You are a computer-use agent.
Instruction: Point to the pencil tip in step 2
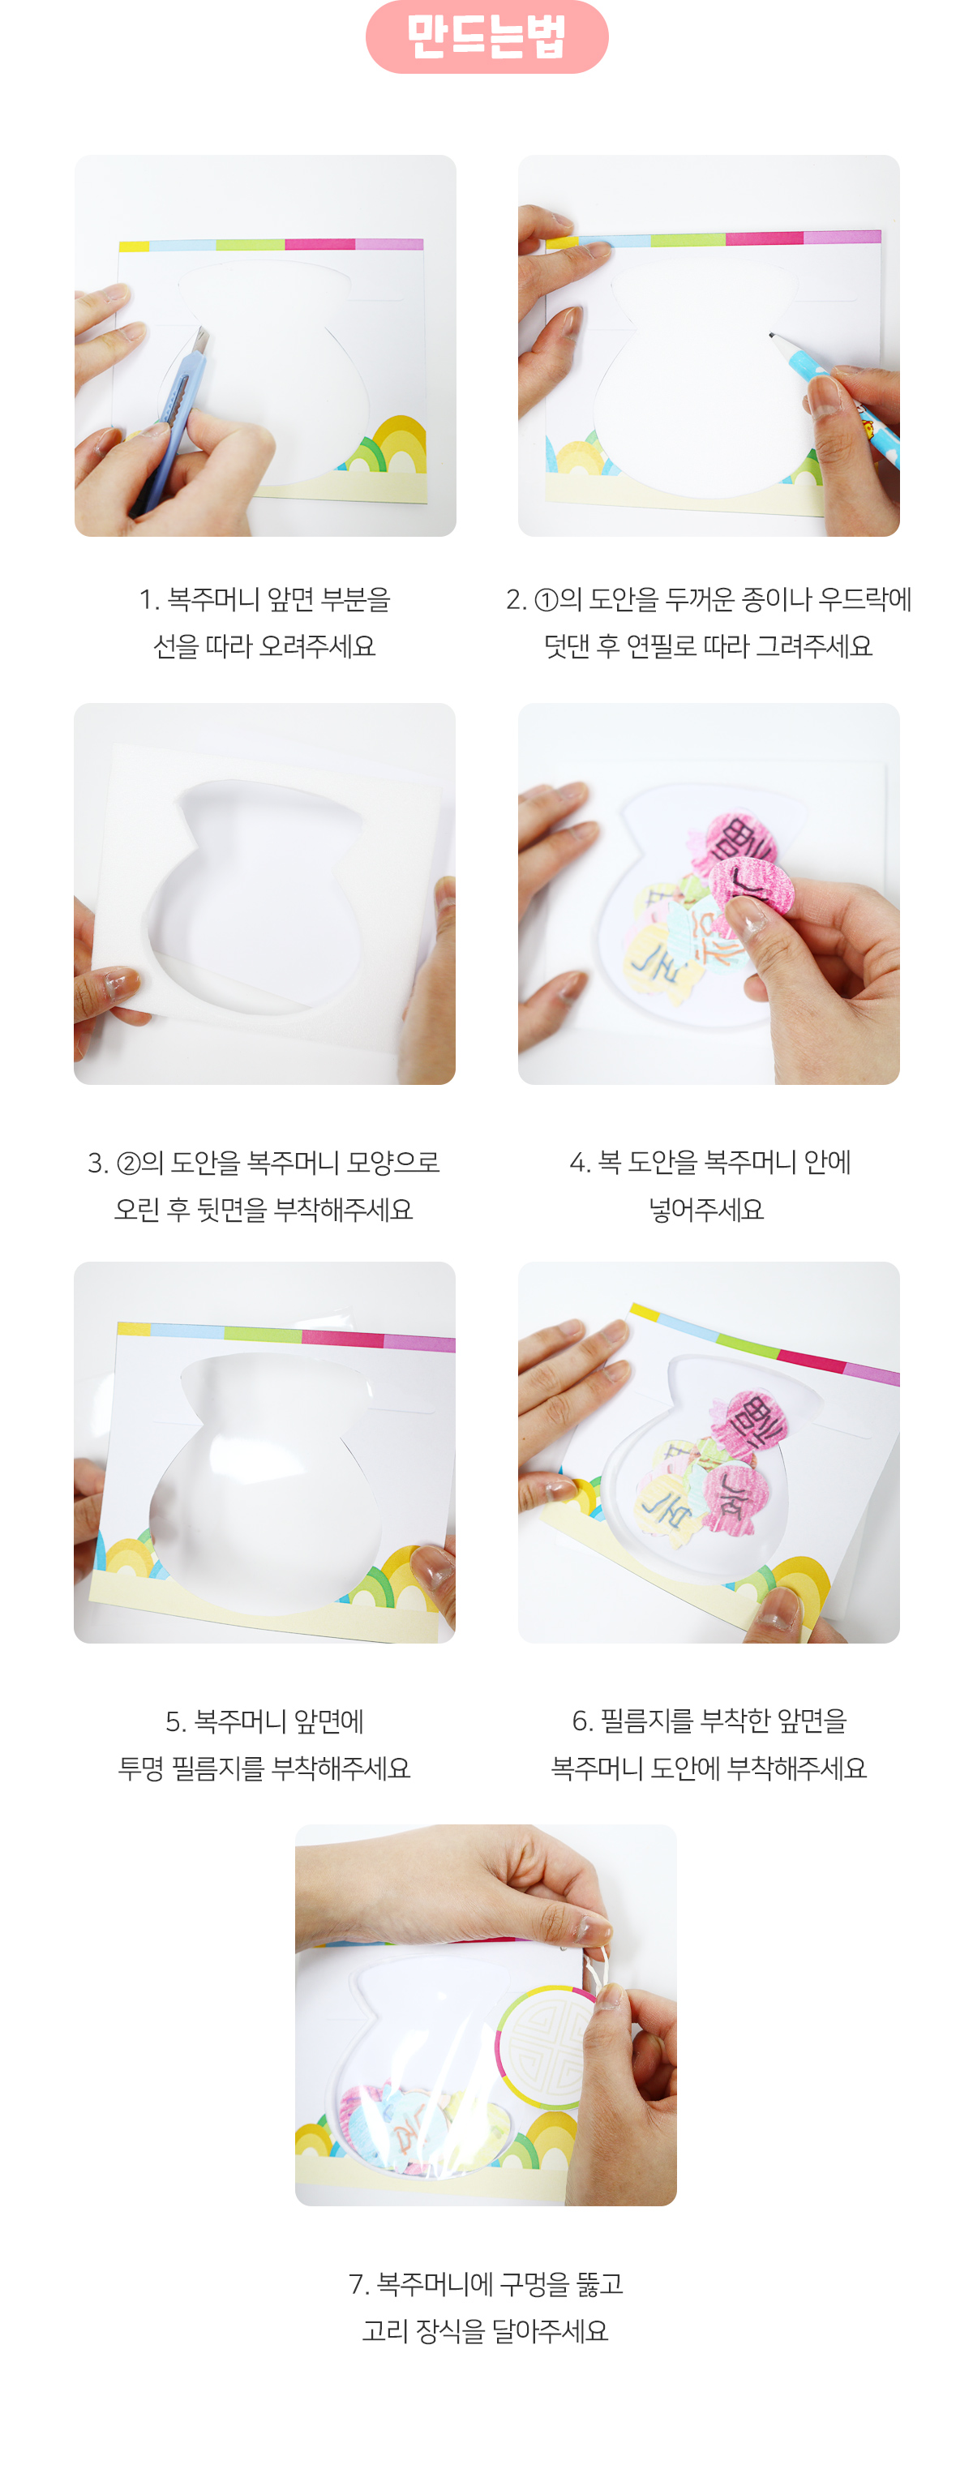[x=771, y=336]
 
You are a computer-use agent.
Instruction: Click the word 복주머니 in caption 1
[x=212, y=600]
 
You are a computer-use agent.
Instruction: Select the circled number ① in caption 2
[x=546, y=600]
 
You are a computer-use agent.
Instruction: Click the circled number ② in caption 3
[x=127, y=1164]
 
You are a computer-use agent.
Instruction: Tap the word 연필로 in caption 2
[x=661, y=646]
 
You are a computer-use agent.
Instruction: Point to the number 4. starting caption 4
[x=579, y=1164]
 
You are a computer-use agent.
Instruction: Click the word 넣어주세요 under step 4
[x=706, y=1210]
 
